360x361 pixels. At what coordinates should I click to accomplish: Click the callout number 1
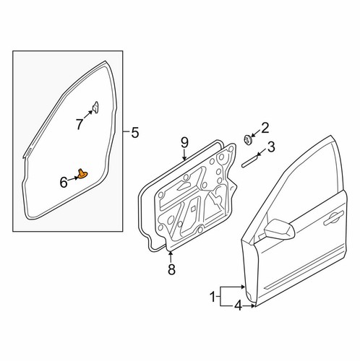pyautogui.click(x=213, y=297)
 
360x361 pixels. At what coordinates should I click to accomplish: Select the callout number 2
pyautogui.click(x=265, y=128)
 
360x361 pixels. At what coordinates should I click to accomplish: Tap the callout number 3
pyautogui.click(x=271, y=147)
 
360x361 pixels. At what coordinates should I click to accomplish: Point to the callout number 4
pyautogui.click(x=238, y=306)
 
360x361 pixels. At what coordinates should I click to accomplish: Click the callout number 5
pyautogui.click(x=135, y=133)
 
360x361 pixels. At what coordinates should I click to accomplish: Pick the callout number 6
pyautogui.click(x=64, y=182)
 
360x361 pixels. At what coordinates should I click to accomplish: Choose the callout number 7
pyautogui.click(x=80, y=124)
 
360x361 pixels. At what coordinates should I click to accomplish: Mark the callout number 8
pyautogui.click(x=171, y=269)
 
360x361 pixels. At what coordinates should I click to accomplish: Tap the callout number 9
pyautogui.click(x=184, y=143)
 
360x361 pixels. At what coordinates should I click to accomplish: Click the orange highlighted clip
pyautogui.click(x=82, y=174)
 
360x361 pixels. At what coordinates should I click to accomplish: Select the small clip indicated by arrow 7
pyautogui.click(x=96, y=107)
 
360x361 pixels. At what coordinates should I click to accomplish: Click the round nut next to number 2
pyautogui.click(x=247, y=140)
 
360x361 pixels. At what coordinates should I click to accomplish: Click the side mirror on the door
pyautogui.click(x=280, y=229)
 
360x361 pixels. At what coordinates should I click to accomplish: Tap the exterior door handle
pyautogui.click(x=333, y=218)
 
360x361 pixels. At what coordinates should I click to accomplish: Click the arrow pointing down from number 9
pyautogui.click(x=184, y=155)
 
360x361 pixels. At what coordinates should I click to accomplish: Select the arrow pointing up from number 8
pyautogui.click(x=171, y=257)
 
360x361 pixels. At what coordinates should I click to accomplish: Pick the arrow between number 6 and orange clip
pyautogui.click(x=73, y=179)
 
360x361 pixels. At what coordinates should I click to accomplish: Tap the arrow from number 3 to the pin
pyautogui.click(x=262, y=153)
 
